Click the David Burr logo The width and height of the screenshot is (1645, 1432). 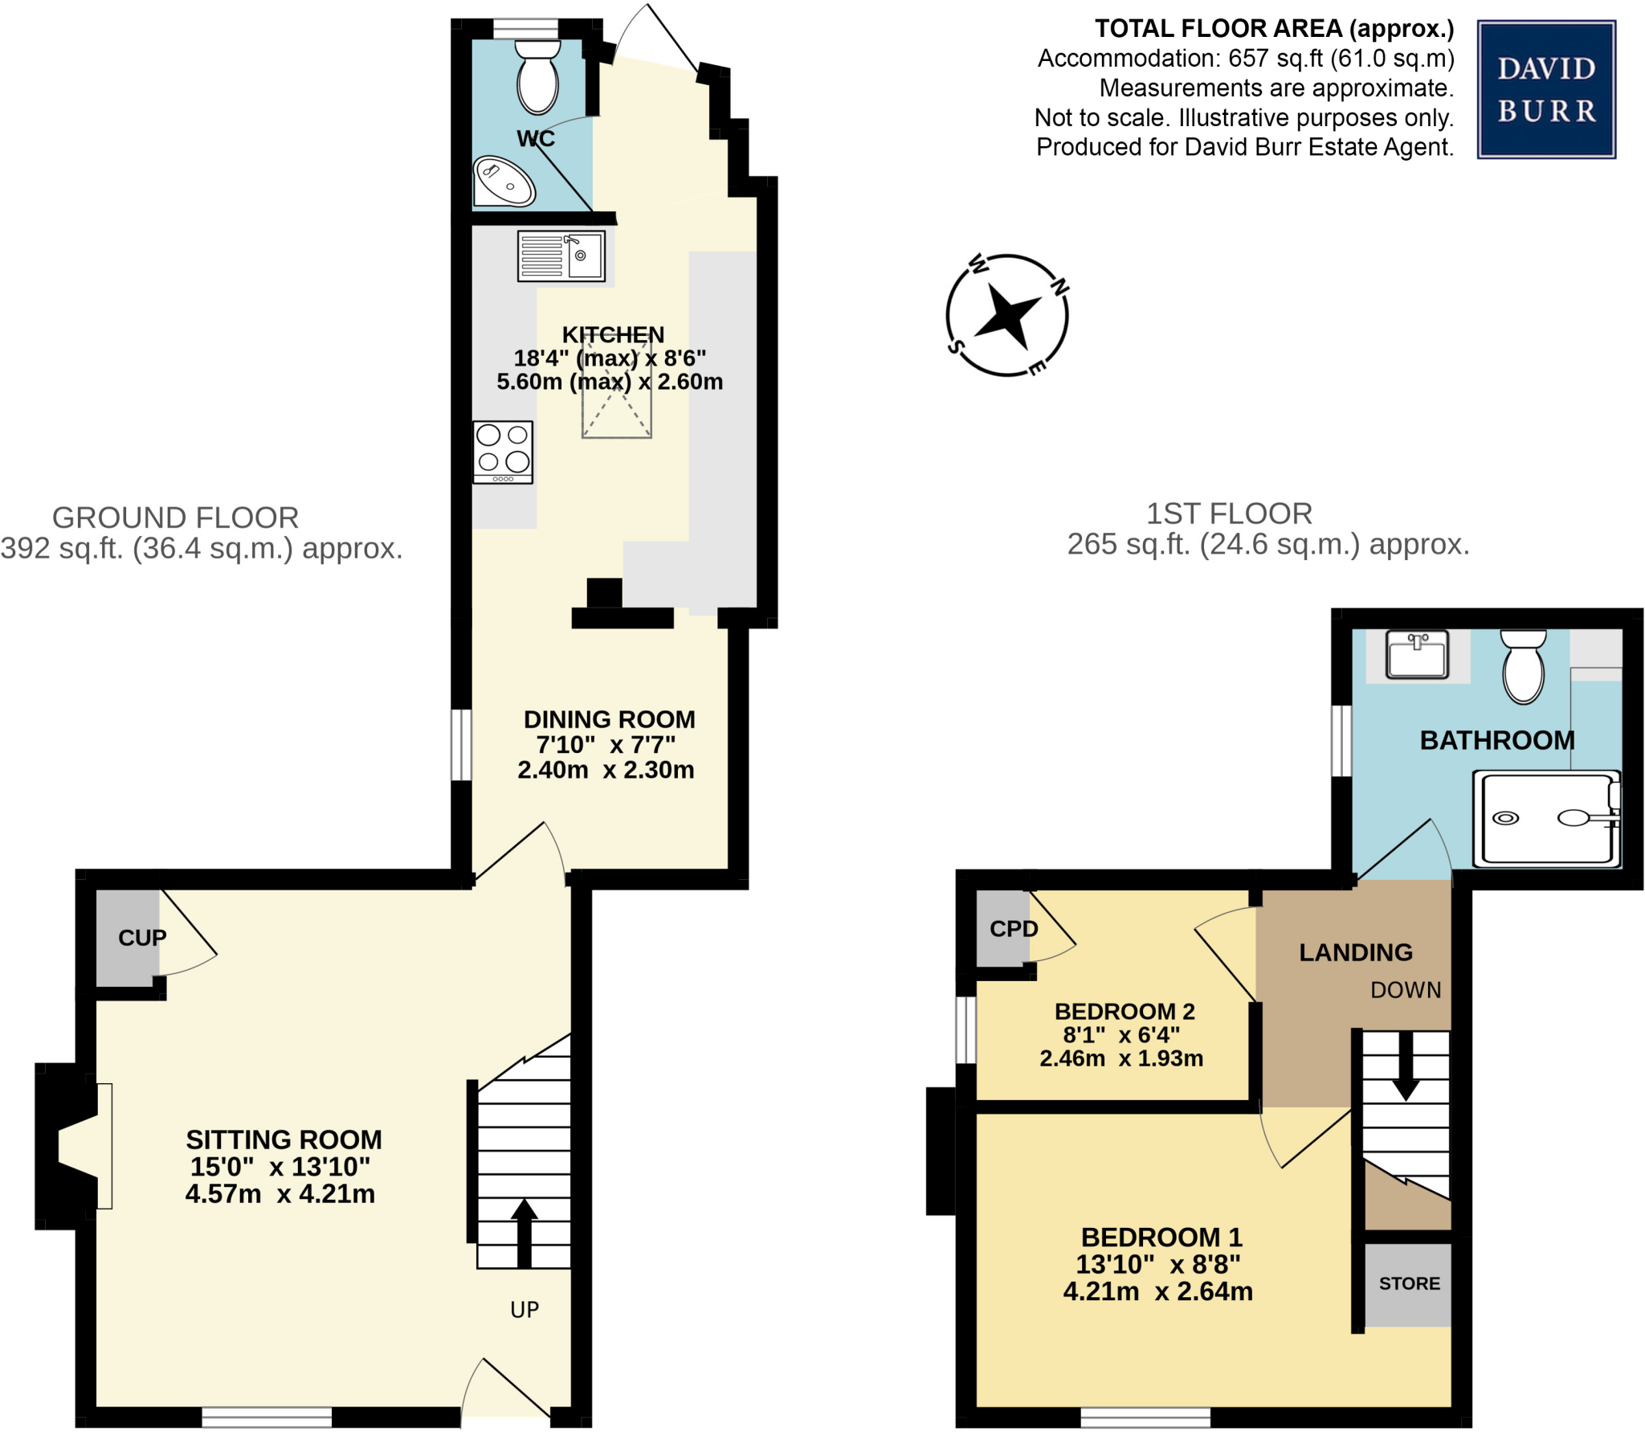point(1545,89)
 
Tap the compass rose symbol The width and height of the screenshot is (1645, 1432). point(1006,315)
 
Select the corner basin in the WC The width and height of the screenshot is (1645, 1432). point(504,181)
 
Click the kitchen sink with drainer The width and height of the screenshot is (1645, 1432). point(561,256)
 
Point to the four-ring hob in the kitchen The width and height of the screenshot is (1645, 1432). point(503,452)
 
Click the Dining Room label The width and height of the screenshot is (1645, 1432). point(609,719)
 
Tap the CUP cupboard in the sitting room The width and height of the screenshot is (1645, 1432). point(129,938)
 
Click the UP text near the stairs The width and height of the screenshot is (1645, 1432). point(525,1310)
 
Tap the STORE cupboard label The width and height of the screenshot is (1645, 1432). point(1409,1284)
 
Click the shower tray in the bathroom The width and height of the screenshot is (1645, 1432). point(1545,818)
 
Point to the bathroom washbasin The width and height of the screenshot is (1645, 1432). point(1417,654)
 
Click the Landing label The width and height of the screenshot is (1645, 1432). point(1355,952)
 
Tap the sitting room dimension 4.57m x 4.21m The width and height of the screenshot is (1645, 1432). point(280,1194)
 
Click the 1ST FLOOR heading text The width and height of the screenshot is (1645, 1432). point(1228,513)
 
